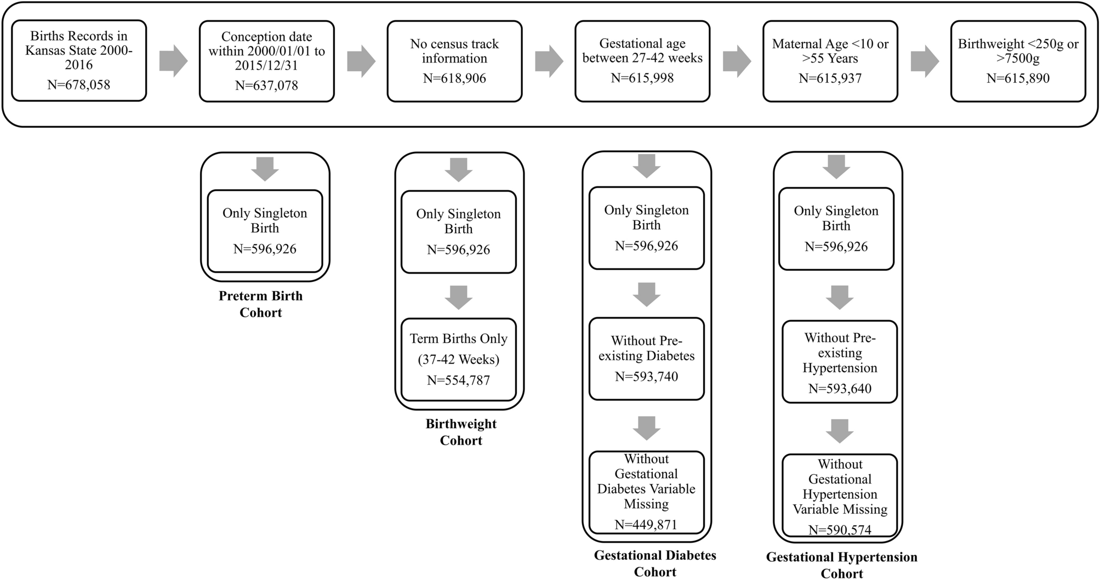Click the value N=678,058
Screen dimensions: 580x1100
[78, 85]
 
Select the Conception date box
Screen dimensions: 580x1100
[266, 61]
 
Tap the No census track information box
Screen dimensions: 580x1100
[454, 61]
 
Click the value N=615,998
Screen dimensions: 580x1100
[642, 78]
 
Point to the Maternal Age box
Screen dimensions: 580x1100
[830, 61]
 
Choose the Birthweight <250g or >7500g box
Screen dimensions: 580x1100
[1018, 61]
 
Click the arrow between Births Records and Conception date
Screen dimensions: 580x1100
[173, 61]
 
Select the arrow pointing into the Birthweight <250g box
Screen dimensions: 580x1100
[925, 61]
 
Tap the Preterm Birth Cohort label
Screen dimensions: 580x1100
[260, 304]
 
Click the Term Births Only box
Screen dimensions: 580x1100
[458, 359]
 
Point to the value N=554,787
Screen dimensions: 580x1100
[458, 380]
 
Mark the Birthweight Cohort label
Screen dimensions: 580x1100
[461, 432]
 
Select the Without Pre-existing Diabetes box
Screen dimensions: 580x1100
[646, 359]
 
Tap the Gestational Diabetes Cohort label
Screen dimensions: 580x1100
[655, 564]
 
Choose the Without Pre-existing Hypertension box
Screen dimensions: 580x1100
[839, 362]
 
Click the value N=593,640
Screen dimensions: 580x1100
[839, 389]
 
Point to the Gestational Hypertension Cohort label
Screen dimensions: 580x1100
[841, 565]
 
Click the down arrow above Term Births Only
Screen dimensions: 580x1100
[458, 297]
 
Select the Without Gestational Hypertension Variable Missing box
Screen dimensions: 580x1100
[839, 495]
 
